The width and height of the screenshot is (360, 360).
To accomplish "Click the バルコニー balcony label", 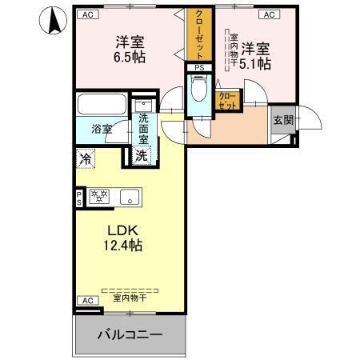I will (130, 334).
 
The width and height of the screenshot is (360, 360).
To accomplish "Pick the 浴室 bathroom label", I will (101, 128).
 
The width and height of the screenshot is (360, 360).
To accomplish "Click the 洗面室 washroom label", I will (143, 128).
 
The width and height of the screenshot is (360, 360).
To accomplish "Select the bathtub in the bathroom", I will (101, 106).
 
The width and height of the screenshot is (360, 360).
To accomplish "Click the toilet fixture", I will (199, 91).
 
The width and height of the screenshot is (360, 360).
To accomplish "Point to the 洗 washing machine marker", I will (142, 156).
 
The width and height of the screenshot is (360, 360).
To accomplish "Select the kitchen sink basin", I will (129, 195).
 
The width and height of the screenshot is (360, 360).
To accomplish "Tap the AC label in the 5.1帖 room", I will (268, 14).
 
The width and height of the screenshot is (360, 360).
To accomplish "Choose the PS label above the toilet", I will (198, 68).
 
